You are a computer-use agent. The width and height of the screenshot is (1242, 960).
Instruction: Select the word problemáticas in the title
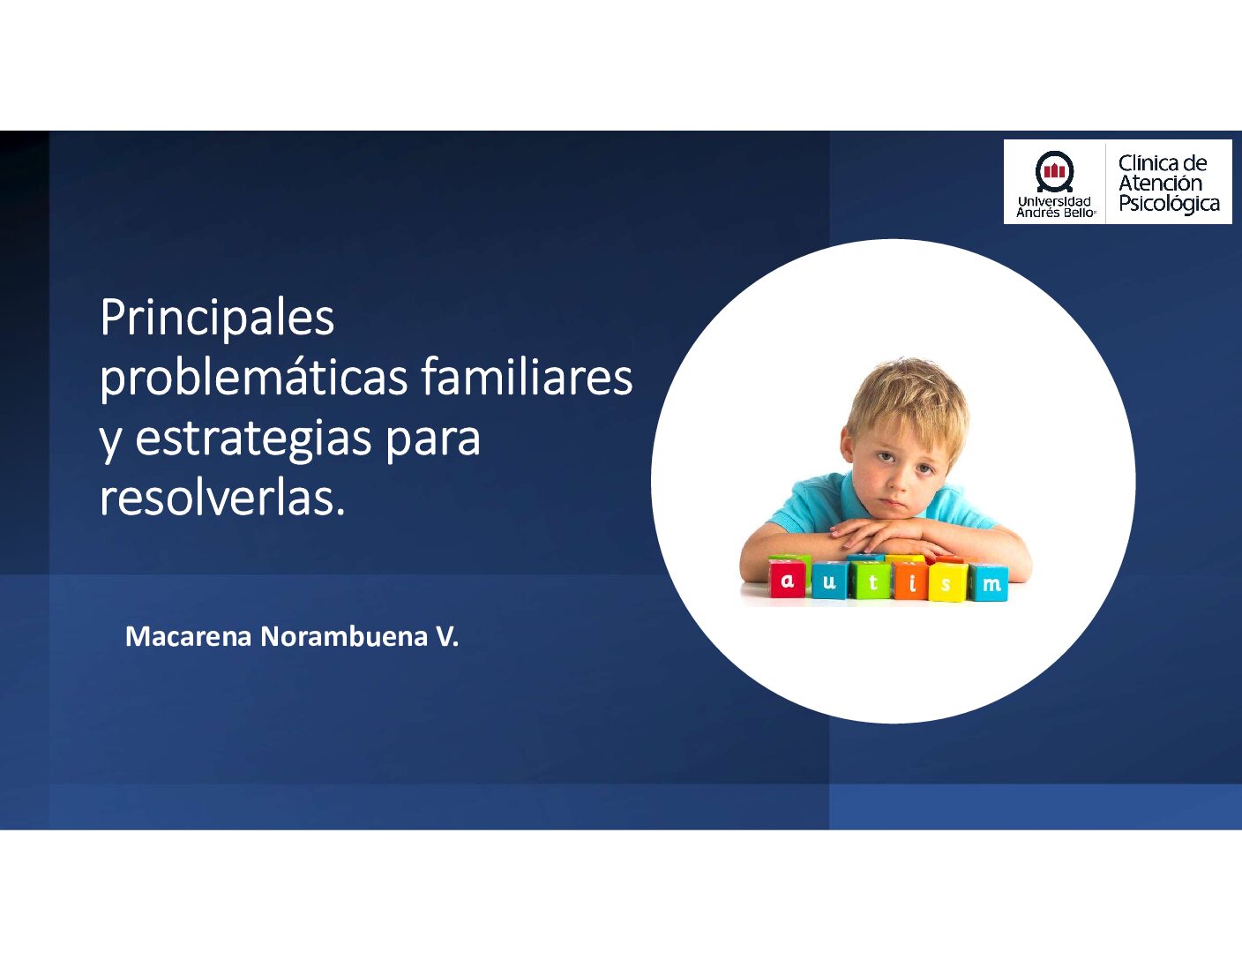254,379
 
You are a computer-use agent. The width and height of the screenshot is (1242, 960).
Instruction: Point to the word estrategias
254,439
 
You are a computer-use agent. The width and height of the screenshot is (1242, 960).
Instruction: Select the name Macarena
188,637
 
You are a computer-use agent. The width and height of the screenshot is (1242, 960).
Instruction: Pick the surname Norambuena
344,637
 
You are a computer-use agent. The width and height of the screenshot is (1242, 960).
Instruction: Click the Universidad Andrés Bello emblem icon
1054,171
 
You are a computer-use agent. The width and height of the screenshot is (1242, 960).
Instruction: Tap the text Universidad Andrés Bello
1055,207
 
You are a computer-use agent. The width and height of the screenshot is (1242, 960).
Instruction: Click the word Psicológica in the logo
1169,204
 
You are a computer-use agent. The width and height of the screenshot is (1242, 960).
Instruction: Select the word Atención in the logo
1160,183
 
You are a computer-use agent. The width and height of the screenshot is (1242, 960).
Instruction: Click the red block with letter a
788,580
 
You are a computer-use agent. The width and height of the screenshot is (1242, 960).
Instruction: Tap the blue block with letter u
829,581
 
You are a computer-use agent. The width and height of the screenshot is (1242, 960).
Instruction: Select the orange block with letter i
911,582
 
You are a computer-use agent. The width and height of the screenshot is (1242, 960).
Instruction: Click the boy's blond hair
908,394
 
